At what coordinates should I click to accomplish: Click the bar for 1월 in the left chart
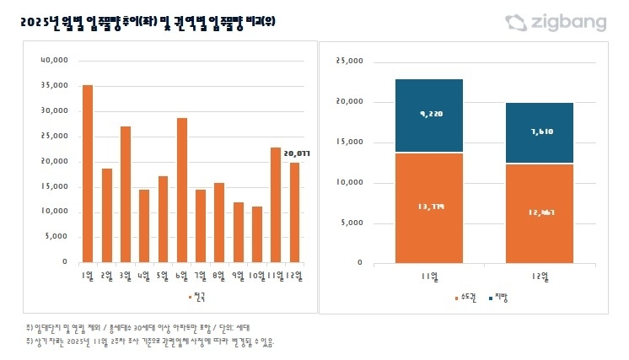tap(88, 174)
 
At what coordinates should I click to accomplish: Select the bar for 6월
tap(181, 190)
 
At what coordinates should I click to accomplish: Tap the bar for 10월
tap(256, 234)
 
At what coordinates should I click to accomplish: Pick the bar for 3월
tap(125, 194)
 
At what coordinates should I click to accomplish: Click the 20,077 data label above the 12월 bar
tap(298, 153)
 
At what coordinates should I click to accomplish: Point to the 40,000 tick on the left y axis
tap(53, 61)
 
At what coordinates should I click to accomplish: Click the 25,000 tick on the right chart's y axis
tap(349, 62)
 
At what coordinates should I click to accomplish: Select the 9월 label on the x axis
tap(238, 276)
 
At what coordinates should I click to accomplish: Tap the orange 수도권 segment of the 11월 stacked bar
tap(429, 207)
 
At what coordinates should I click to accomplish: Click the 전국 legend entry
tap(196, 296)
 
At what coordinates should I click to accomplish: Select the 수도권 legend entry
tap(466, 297)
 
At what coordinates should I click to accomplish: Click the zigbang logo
tap(556, 23)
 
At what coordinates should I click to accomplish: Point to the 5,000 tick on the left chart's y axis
tap(55, 237)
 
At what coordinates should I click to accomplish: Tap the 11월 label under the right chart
tap(429, 276)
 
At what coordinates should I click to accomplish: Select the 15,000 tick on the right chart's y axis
tap(349, 142)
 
